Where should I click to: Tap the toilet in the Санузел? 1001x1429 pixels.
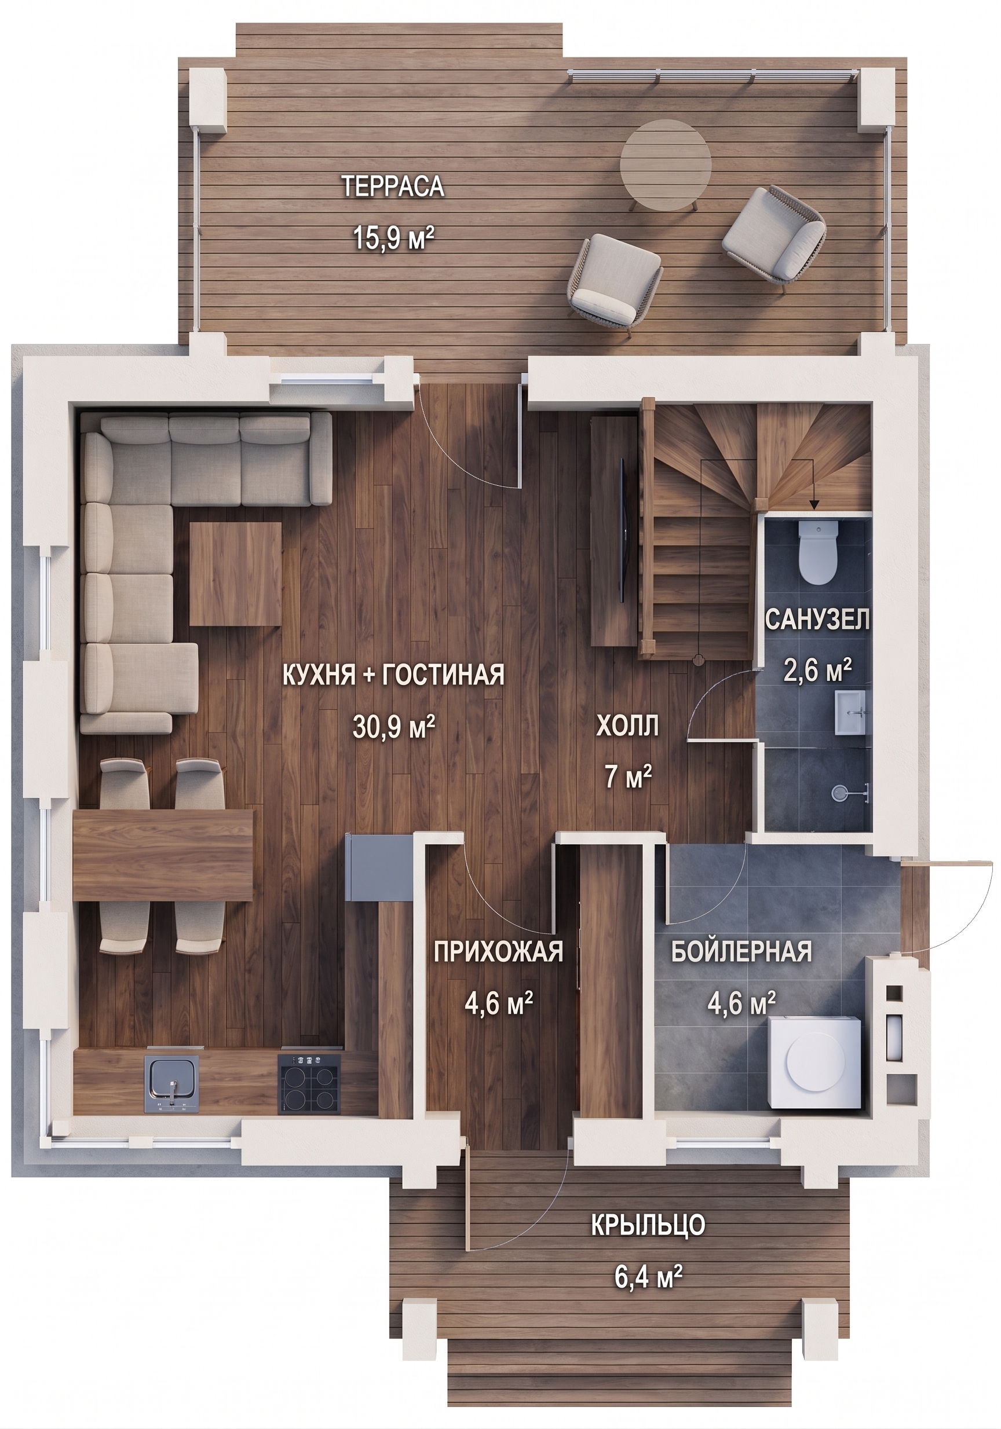818,552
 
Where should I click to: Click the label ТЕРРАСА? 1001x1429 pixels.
393,186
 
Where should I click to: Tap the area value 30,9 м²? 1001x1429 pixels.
393,727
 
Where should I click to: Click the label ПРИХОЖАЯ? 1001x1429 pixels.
498,952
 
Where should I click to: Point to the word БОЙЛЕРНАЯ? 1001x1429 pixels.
741,952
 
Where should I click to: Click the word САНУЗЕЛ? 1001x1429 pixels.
816,620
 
